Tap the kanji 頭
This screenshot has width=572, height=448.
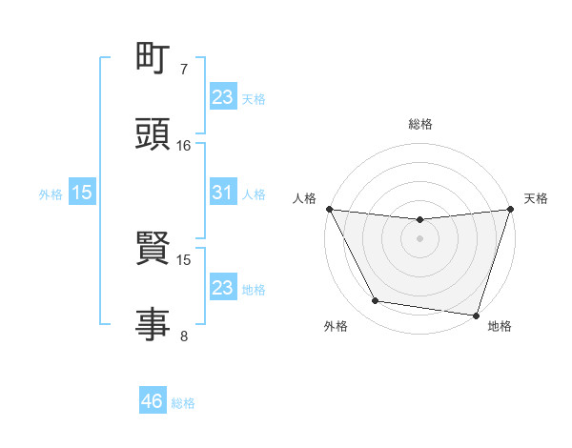tap(153, 134)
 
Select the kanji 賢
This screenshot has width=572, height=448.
tap(153, 251)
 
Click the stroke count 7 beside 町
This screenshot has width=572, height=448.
tap(184, 70)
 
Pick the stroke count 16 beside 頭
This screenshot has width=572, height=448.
tap(184, 145)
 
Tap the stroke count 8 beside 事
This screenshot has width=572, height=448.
tap(184, 335)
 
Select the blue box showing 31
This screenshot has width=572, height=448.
tap(222, 193)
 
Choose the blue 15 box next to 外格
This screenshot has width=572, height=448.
tap(82, 193)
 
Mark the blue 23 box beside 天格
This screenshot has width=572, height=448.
tap(222, 96)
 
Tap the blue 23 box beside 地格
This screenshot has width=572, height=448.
tap(222, 287)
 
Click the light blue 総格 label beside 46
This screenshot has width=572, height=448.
tap(183, 403)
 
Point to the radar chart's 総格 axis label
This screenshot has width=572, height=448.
tap(419, 124)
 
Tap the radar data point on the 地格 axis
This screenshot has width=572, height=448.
tap(476, 315)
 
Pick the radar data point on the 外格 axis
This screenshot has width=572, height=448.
tap(376, 301)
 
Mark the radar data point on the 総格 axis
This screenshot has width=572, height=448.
tap(419, 220)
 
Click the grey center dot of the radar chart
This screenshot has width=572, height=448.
tap(419, 238)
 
